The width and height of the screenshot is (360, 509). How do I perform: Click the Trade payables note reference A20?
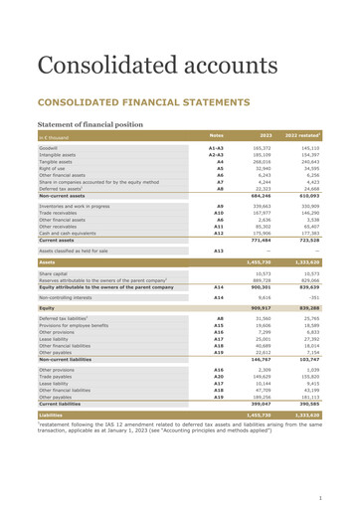(x=218, y=378)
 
